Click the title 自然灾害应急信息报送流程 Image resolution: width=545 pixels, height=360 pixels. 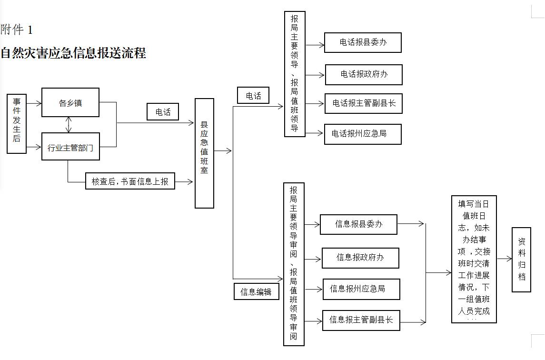coord(73,53)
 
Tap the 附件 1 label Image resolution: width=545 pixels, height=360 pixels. coord(16,30)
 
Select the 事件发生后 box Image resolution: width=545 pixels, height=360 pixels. coord(17,123)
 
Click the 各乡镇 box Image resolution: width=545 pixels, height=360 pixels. coord(70,102)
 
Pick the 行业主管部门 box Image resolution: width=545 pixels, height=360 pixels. coord(70,147)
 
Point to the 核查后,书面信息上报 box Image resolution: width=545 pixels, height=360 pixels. coord(130,181)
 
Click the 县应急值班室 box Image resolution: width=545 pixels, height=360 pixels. coord(204,153)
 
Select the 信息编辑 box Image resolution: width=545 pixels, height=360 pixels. coord(257,291)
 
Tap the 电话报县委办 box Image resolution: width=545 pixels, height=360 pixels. coord(363,42)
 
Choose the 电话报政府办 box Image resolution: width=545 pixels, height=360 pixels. coord(364,74)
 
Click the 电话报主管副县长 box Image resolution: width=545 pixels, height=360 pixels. coord(364,103)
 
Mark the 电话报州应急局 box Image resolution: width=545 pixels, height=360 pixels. coord(363,134)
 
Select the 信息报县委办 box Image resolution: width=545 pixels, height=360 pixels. coord(358,224)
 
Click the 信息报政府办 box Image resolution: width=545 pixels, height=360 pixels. coord(360,258)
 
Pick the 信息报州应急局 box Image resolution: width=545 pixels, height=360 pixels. coord(361,289)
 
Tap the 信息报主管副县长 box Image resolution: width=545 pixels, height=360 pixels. coord(361,320)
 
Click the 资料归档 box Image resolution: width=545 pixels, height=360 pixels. coord(521,260)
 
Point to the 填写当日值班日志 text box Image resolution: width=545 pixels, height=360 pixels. coord(474,259)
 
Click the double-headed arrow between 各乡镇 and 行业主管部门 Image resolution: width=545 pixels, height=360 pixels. coord(69,125)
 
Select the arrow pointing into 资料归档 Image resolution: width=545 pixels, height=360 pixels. coord(505,259)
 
